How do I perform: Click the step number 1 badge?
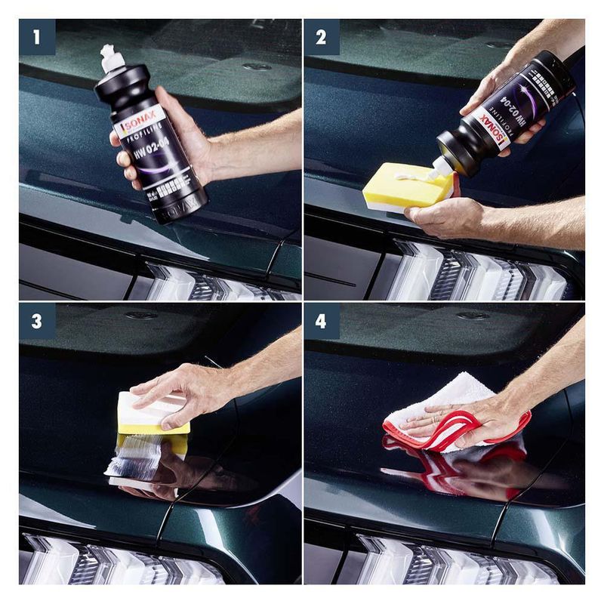(37, 37)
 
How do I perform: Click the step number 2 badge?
(322, 37)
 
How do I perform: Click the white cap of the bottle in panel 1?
(112, 59)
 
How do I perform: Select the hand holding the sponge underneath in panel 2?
(445, 217)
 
